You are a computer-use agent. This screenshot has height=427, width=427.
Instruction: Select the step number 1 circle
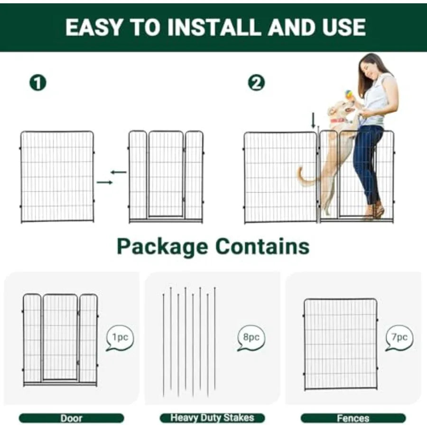pyautogui.click(x=38, y=83)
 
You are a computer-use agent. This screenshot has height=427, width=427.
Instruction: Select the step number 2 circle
pyautogui.click(x=256, y=83)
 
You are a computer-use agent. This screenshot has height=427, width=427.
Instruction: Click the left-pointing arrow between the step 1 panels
pyautogui.click(x=118, y=172)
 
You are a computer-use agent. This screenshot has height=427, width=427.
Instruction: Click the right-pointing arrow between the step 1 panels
pyautogui.click(x=104, y=182)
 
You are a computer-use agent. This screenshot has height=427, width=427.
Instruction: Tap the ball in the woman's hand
pyautogui.click(x=348, y=95)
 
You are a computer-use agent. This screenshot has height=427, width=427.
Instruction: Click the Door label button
pyautogui.click(x=71, y=418)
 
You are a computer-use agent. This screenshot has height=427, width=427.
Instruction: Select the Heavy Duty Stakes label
pyautogui.click(x=212, y=418)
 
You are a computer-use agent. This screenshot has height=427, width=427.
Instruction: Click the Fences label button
pyautogui.click(x=353, y=418)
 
